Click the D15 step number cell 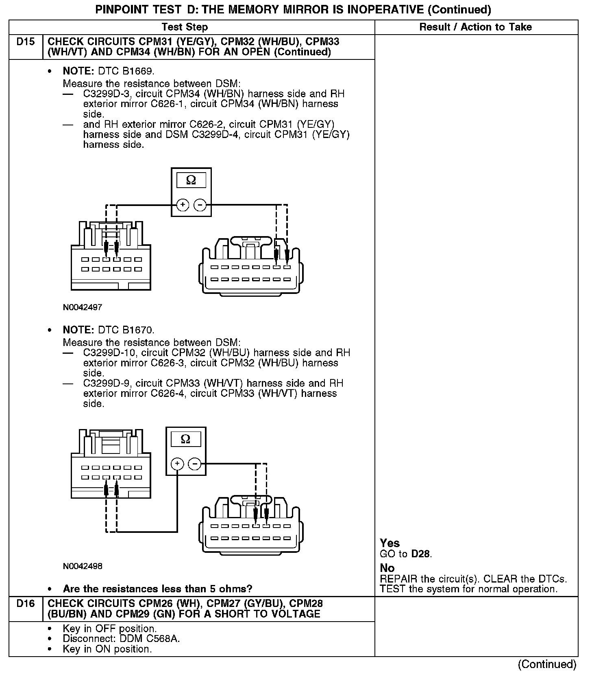click(25, 42)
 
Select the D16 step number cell click(25, 603)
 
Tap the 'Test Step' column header click(185, 27)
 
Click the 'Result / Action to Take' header click(475, 27)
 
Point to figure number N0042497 click(83, 307)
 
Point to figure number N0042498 click(83, 566)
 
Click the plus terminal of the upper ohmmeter click(183, 205)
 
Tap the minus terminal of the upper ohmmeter click(200, 205)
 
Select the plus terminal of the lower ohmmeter click(177, 464)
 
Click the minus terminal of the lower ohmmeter click(195, 464)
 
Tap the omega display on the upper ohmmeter click(191, 180)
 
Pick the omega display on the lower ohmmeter click(185, 439)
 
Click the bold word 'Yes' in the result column click(390, 543)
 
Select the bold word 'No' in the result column click(387, 568)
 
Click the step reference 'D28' click(421, 554)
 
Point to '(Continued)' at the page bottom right click(547, 664)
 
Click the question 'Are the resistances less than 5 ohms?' click(157, 589)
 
